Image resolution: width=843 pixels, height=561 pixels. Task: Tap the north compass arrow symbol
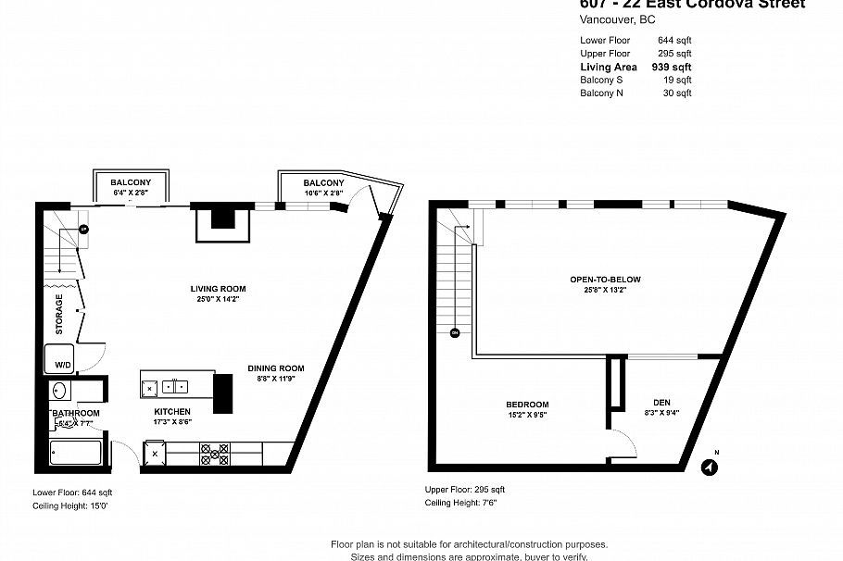click(710, 467)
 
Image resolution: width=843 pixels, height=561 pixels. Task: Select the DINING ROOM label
click(275, 368)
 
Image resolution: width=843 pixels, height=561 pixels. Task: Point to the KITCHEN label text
click(172, 411)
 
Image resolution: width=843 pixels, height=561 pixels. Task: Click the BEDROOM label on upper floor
click(526, 405)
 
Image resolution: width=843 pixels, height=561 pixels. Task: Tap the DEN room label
click(661, 402)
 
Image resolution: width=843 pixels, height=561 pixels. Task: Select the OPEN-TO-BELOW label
click(606, 280)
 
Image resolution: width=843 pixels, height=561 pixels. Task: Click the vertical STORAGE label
click(59, 314)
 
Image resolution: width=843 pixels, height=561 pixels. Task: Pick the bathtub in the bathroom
click(74, 454)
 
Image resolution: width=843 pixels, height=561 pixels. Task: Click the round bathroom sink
click(59, 390)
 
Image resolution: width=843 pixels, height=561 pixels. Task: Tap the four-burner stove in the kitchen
click(215, 454)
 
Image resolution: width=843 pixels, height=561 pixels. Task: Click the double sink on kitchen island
click(173, 385)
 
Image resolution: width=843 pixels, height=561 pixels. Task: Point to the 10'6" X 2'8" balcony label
click(323, 193)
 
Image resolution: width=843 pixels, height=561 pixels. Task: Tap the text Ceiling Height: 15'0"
click(73, 506)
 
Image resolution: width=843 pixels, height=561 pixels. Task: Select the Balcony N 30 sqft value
click(677, 93)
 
